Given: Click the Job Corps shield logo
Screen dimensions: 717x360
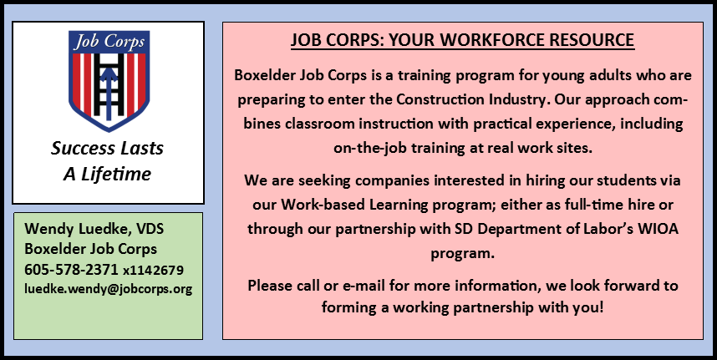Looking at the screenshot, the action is click(x=109, y=81).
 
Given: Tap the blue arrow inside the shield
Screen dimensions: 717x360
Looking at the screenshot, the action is click(x=109, y=91).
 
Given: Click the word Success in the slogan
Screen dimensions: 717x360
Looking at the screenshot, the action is click(x=82, y=149).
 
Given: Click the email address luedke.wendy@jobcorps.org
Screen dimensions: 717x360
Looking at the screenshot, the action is click(x=109, y=289).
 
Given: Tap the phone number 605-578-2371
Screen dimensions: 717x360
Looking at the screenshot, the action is click(x=71, y=270).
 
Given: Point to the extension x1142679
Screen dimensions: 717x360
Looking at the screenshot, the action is click(x=153, y=271).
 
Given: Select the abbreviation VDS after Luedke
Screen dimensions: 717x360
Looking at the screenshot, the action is click(x=149, y=228).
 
